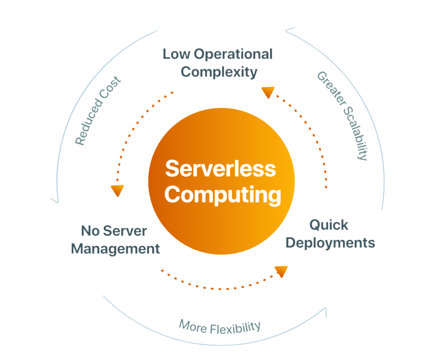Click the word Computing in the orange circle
tap(223, 195)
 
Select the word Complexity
tap(219, 72)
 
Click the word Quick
tap(329, 224)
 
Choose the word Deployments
tap(330, 243)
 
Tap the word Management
tap(116, 248)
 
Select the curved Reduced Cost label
tap(98, 110)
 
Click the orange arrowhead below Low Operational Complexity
tap(267, 92)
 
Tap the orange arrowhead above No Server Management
tap(117, 190)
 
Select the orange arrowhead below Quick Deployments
tap(281, 271)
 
